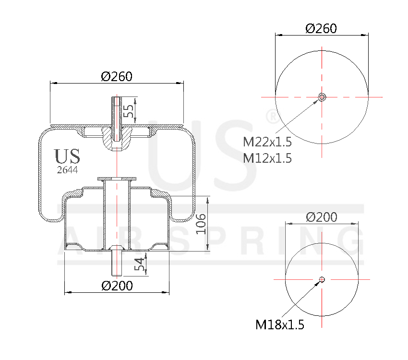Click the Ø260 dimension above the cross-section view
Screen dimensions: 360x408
click(117, 76)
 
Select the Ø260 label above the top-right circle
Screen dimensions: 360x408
click(321, 28)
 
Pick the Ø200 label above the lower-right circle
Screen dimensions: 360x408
click(322, 217)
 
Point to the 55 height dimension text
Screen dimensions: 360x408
click(128, 111)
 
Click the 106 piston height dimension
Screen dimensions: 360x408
click(201, 224)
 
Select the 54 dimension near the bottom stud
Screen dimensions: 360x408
click(140, 265)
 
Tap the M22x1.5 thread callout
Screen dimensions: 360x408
click(267, 143)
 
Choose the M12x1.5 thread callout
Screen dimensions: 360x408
click(267, 158)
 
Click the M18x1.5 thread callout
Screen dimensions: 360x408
click(280, 325)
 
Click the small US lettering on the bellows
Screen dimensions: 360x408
click(67, 156)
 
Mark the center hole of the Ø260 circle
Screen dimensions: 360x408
click(322, 97)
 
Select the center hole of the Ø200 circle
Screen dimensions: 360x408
click(322, 279)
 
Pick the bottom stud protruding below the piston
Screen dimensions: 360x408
click(117, 264)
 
